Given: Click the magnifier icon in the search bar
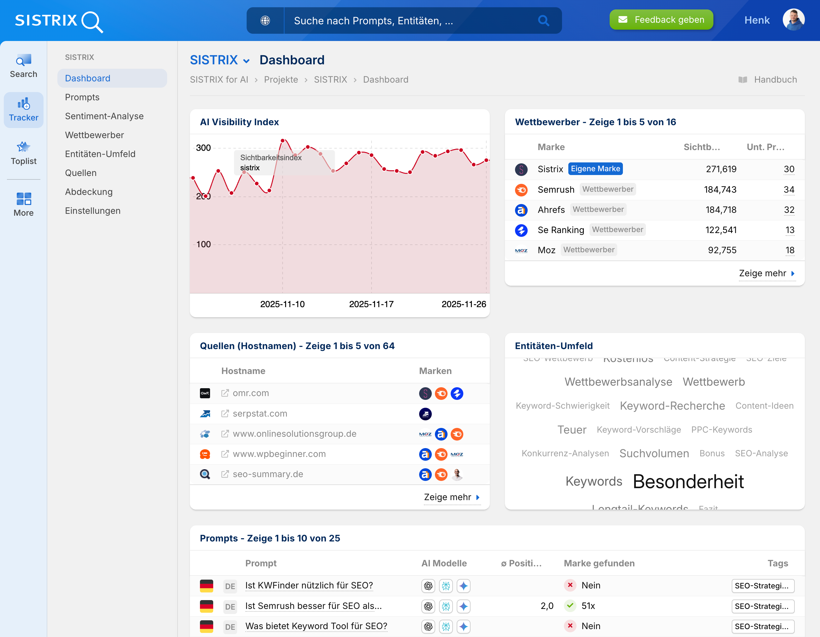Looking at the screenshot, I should pos(543,20).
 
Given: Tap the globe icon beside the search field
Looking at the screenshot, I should pos(265,20).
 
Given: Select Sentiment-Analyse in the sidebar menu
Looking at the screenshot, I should pos(104,116).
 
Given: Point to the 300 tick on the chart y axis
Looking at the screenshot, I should pos(203,148).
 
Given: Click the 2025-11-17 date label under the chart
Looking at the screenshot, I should pos(371,304).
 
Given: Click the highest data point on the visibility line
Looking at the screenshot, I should pos(283,141).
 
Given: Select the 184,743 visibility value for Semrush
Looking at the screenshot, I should pos(720,189).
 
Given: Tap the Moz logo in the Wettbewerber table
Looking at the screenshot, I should pos(521,250).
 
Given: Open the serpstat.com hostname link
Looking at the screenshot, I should pos(260,413).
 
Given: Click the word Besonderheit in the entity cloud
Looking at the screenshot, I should pos(688,482).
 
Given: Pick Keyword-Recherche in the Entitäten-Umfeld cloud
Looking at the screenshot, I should pos(672,406).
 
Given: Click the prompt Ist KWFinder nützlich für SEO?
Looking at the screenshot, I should pos(309,585).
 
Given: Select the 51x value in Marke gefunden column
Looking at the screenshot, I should pos(588,605).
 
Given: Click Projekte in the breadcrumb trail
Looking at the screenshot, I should pos(280,79).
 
